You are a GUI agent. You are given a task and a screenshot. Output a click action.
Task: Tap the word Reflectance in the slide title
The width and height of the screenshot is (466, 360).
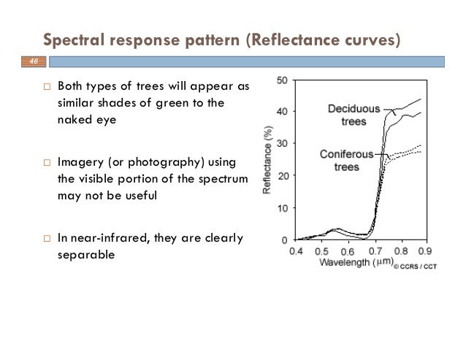coord(297,38)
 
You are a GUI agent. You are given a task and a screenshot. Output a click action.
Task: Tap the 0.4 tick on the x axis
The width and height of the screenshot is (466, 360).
coord(297,250)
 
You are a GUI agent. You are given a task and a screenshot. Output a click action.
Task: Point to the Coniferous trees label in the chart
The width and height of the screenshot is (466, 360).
coord(346,160)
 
